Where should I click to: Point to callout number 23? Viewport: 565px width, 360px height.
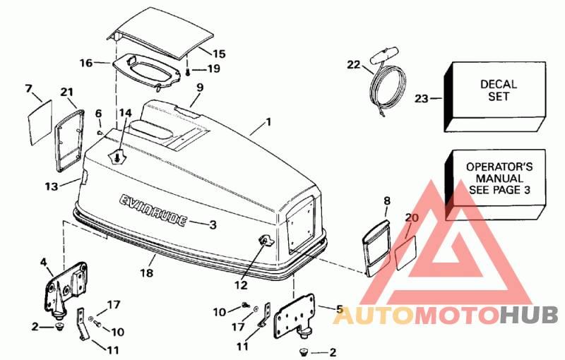pyautogui.click(x=422, y=99)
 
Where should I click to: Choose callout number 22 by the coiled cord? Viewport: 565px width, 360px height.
pyautogui.click(x=353, y=65)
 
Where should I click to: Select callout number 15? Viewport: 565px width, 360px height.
pyautogui.click(x=219, y=54)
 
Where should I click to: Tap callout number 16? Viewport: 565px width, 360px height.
pyautogui.click(x=86, y=63)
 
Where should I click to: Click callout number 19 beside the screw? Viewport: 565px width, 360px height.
pyautogui.click(x=214, y=68)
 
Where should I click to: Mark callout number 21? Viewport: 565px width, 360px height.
pyautogui.click(x=66, y=92)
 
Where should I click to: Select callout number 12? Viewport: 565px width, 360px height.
pyautogui.click(x=241, y=285)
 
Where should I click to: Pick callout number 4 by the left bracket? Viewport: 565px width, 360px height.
pyautogui.click(x=43, y=262)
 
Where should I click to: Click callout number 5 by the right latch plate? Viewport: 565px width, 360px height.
pyautogui.click(x=339, y=309)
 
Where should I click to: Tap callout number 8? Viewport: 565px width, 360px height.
pyautogui.click(x=386, y=201)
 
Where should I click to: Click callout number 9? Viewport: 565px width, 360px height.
pyautogui.click(x=200, y=87)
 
